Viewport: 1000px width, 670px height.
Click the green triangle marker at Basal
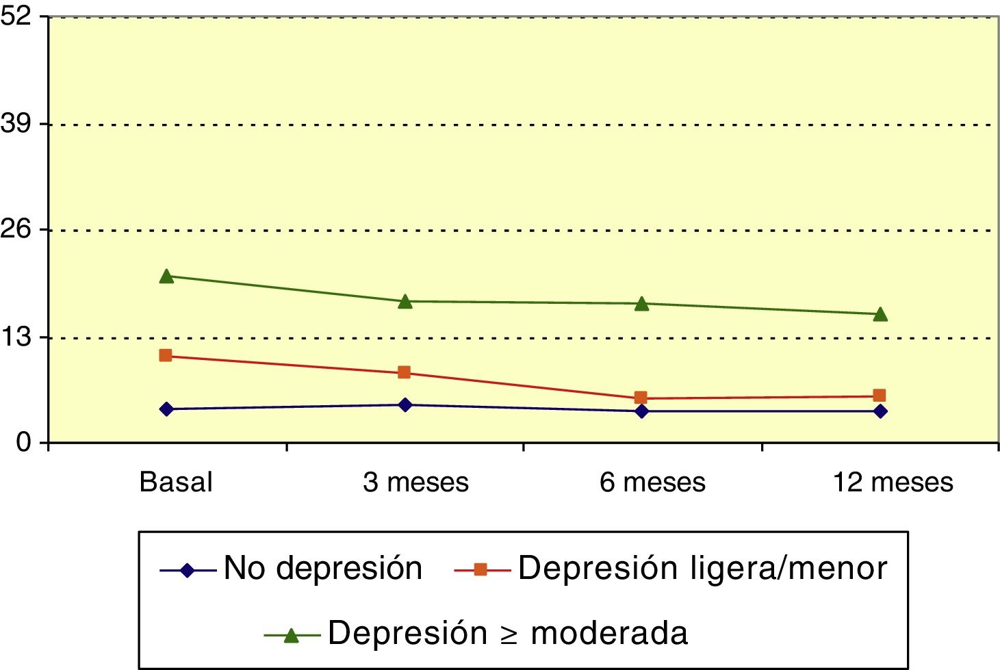click(x=166, y=276)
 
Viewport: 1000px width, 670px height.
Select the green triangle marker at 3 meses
click(x=405, y=302)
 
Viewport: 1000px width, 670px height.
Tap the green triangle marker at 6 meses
click(x=641, y=304)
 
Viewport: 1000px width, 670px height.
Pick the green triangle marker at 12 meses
click(x=880, y=315)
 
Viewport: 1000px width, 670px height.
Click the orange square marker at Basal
click(x=166, y=355)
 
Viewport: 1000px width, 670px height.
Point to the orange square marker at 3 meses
click(x=404, y=372)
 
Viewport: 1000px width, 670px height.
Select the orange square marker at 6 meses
click(x=641, y=398)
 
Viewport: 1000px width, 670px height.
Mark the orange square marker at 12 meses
click(x=880, y=396)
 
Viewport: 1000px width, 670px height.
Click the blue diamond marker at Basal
click(x=166, y=409)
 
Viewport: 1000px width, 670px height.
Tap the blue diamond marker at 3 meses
click(x=405, y=405)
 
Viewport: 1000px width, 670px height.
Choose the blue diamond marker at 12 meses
click(x=880, y=411)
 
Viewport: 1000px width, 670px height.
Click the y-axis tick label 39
click(x=16, y=123)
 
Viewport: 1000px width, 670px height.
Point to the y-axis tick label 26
click(x=16, y=229)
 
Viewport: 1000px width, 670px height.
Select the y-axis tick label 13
click(x=16, y=337)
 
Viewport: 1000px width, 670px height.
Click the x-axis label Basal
click(x=176, y=482)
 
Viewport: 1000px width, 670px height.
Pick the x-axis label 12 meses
click(x=893, y=482)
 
